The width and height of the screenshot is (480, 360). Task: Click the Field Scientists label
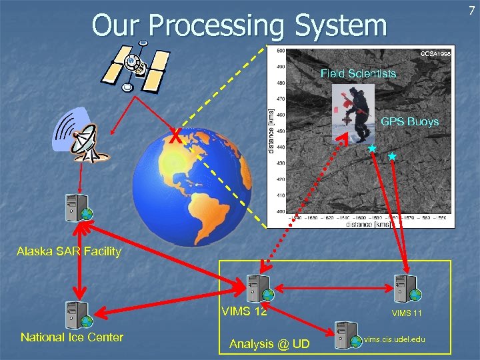[x=358, y=73]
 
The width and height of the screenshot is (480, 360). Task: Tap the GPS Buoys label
[x=409, y=121]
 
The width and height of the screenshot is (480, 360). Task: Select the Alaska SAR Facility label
[x=69, y=251]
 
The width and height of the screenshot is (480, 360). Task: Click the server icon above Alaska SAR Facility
[x=74, y=208]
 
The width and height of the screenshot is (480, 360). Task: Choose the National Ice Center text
[x=72, y=337]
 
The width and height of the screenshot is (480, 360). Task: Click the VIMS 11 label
[x=407, y=313]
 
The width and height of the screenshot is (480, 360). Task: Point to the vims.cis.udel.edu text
[x=395, y=339]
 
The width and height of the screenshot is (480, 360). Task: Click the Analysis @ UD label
[x=269, y=343]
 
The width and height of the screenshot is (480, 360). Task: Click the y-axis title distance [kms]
[x=271, y=134]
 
